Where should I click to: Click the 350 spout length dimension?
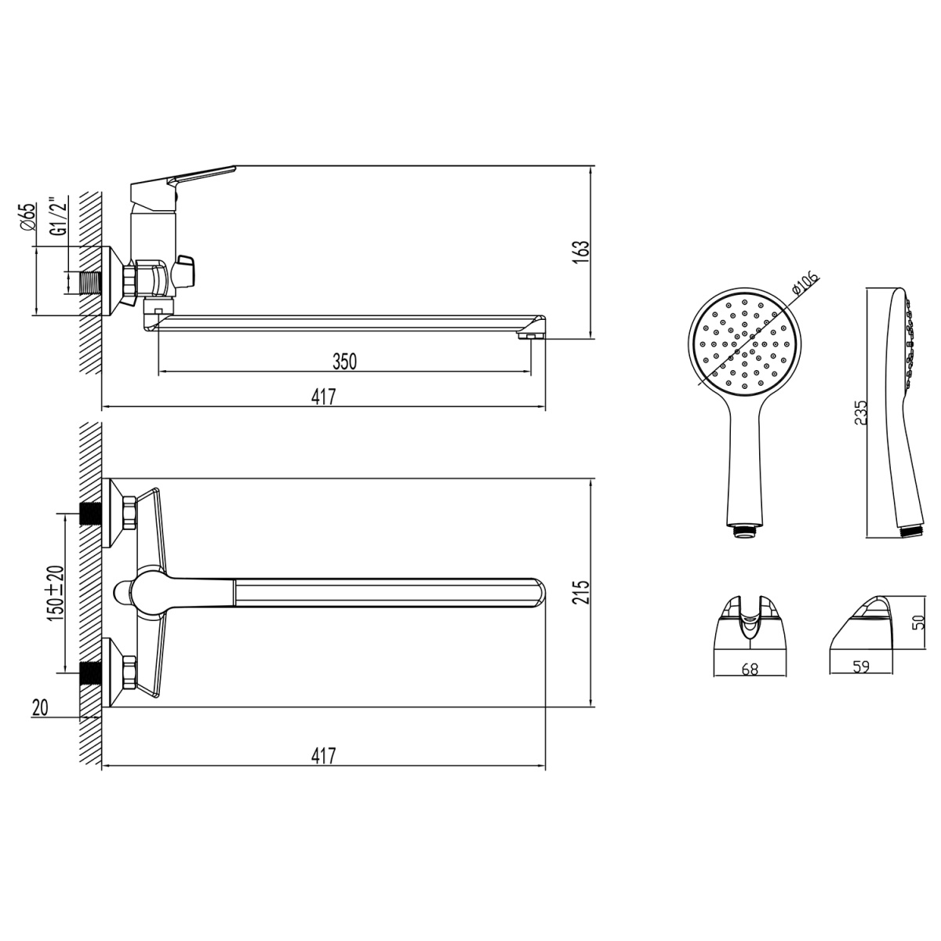point(345,361)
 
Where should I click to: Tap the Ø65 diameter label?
point(29,216)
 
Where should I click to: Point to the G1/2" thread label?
point(59,216)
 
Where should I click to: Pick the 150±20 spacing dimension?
point(56,593)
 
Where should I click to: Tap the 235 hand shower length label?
point(860,412)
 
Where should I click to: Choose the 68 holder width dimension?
point(750,669)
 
